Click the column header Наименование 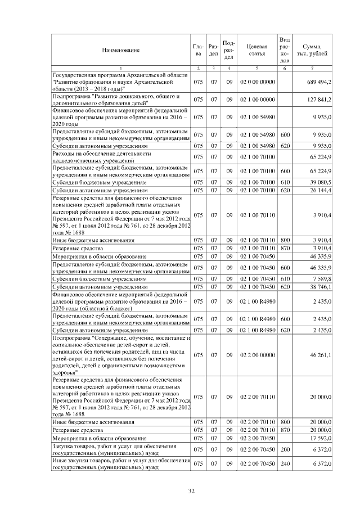(x=120, y=51)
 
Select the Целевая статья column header (x=257, y=51)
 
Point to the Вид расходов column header (x=285, y=51)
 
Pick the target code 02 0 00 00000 (x=257, y=82)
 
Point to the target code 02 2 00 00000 (x=257, y=355)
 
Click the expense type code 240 (x=285, y=464)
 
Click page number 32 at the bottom (x=191, y=491)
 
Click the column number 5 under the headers (x=257, y=69)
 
